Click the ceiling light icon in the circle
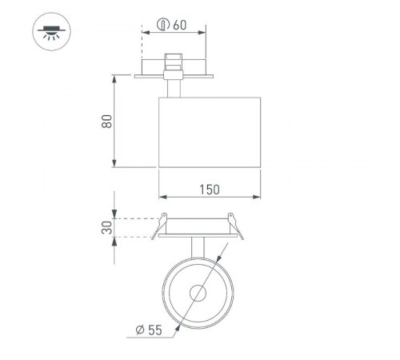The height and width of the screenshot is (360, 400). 49,33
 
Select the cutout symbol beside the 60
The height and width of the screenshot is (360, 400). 162,25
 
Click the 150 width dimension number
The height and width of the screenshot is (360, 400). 210,189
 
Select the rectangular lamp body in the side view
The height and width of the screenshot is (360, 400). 210,132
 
